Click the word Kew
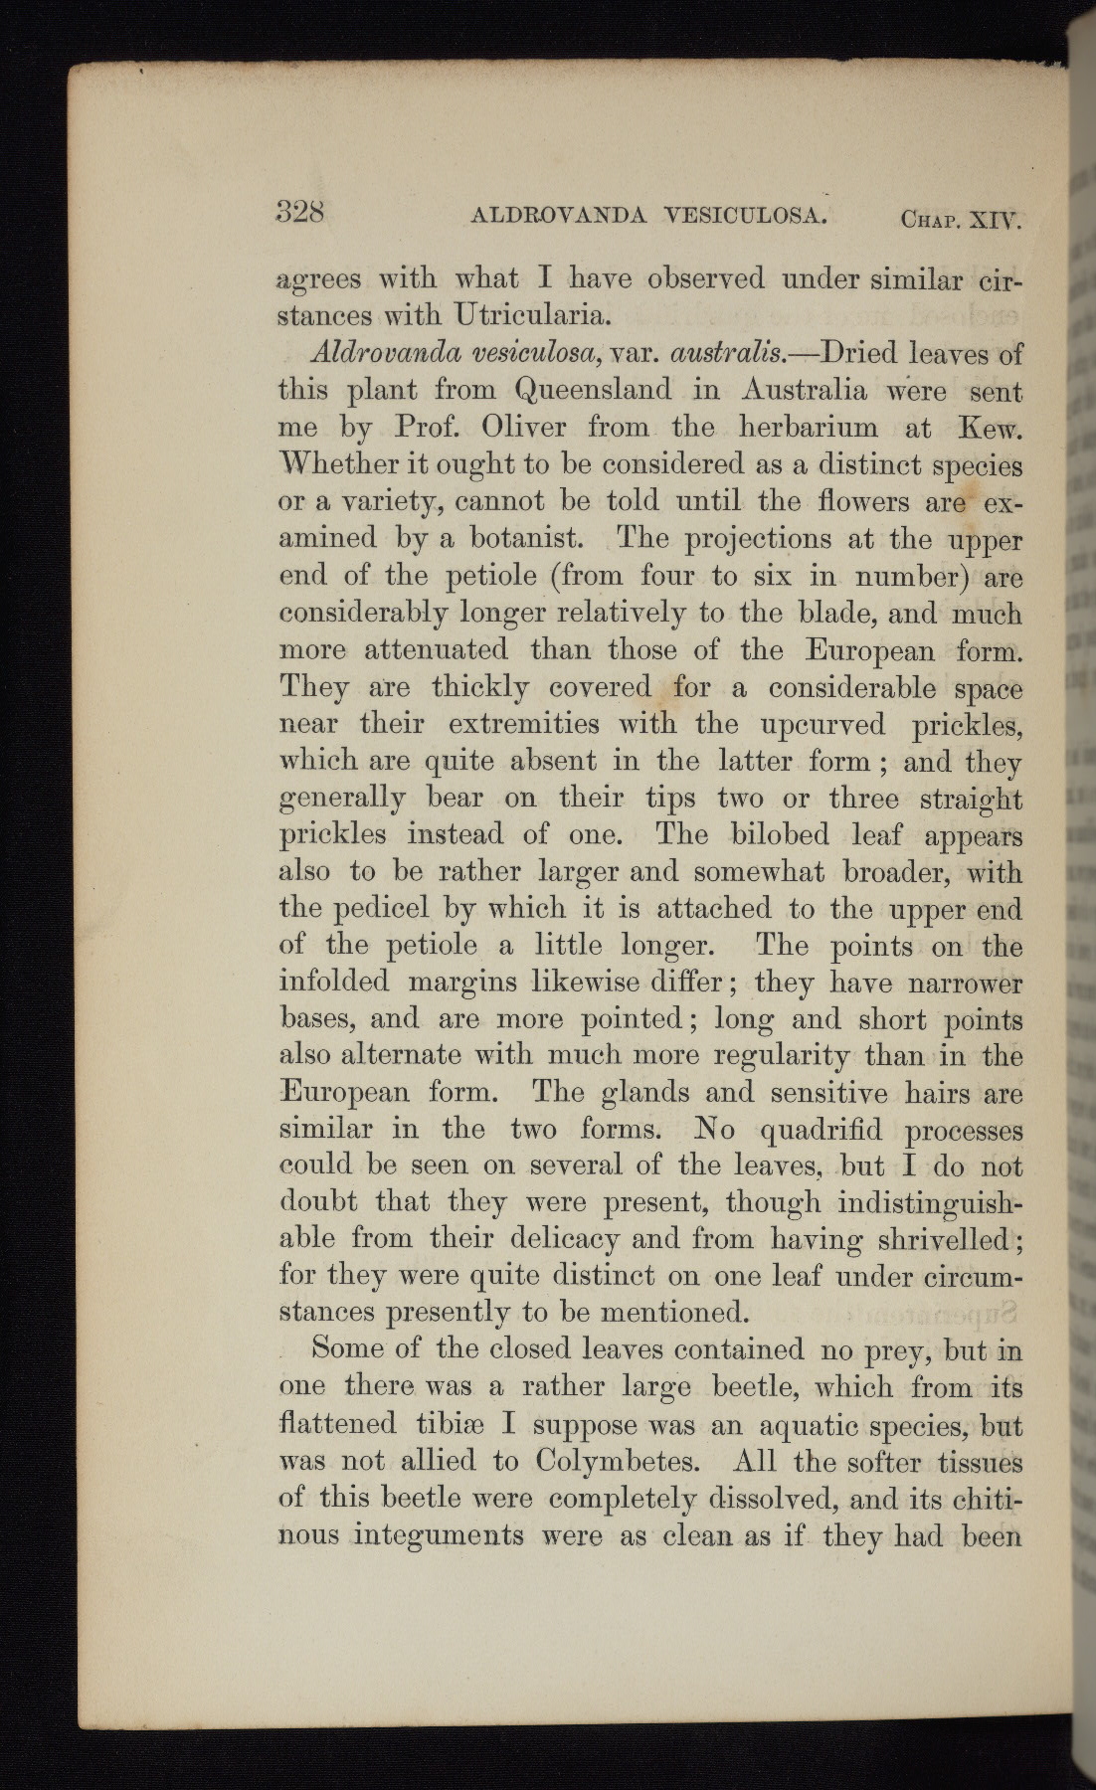[x=987, y=428]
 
